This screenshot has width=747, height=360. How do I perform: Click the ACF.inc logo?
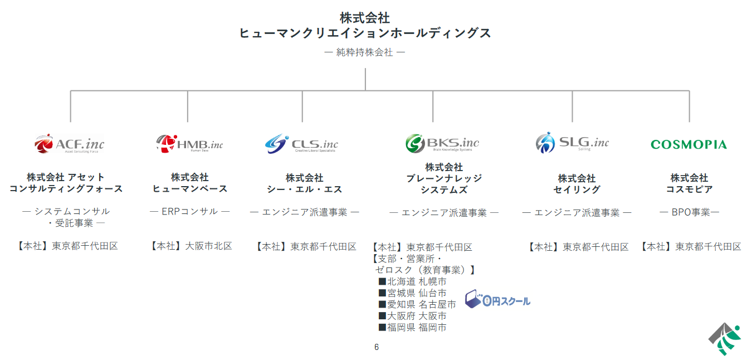69,144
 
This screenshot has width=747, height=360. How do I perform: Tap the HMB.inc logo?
189,144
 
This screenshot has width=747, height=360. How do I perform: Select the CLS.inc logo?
301,144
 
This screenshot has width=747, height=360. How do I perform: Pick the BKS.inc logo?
442,143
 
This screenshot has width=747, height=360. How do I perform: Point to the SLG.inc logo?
572,143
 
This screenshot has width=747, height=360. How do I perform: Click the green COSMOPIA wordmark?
689,145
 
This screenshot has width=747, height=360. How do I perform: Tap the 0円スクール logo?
497,300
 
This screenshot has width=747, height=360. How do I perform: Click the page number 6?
377,347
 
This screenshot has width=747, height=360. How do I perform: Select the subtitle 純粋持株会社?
365,52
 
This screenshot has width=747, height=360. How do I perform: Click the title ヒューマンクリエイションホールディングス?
365,33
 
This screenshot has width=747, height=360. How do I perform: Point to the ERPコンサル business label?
189,212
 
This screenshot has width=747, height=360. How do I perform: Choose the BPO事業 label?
689,212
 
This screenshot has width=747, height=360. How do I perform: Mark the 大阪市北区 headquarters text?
208,246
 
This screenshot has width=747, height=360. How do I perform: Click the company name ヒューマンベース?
190,189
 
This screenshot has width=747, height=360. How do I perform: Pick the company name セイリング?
577,189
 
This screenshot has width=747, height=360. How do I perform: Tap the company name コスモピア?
689,189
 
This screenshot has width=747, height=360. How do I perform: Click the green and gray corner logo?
725,339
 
